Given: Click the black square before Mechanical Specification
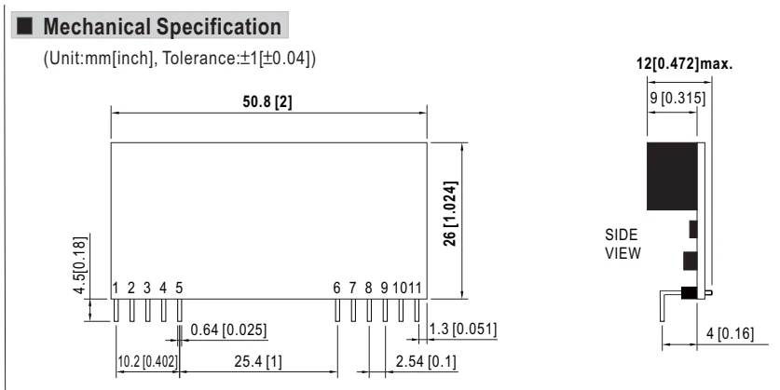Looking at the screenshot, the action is [x=24, y=26].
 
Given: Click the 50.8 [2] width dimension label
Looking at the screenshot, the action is [x=267, y=101].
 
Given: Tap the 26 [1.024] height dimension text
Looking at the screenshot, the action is [x=451, y=213].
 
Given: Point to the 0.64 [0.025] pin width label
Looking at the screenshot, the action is [x=228, y=329].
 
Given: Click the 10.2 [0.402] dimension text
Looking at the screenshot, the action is [x=147, y=361].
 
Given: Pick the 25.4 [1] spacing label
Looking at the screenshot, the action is [x=258, y=361].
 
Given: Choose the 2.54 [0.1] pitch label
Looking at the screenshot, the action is [x=426, y=361].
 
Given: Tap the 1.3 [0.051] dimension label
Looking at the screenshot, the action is [x=463, y=329].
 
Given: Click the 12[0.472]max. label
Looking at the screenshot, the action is [x=685, y=63].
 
